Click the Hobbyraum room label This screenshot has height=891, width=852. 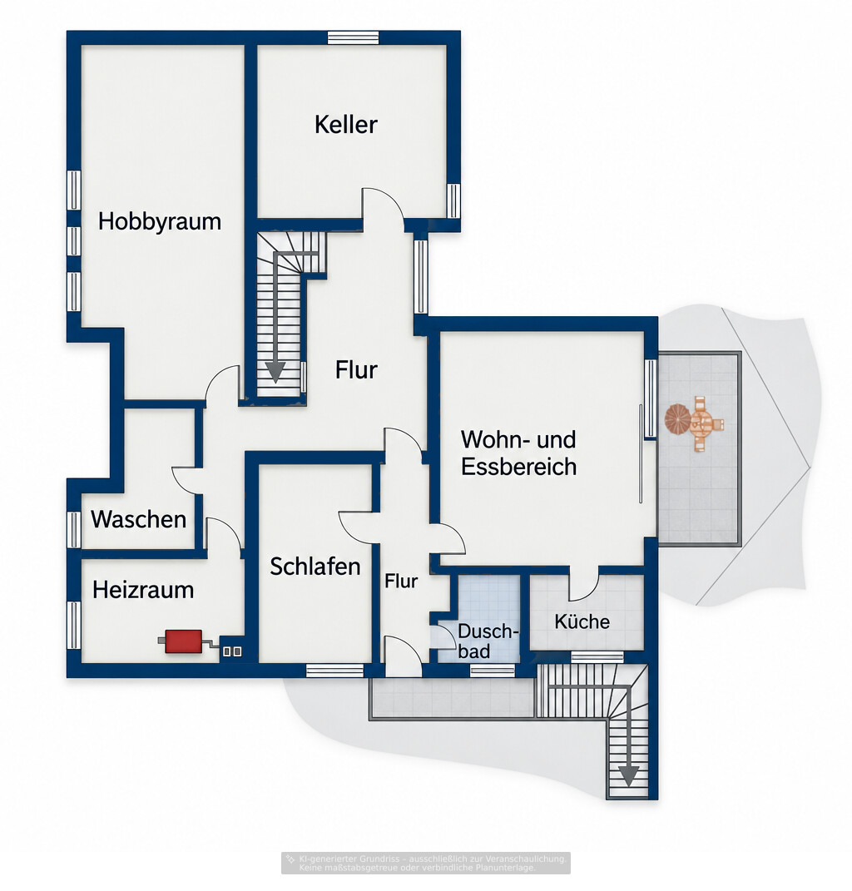pyautogui.click(x=160, y=221)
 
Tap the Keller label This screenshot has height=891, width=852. pyautogui.click(x=345, y=125)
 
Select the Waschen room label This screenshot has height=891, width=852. pyautogui.click(x=139, y=519)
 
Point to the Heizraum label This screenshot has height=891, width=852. pyautogui.click(x=143, y=590)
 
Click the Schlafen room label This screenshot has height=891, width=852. pyautogui.click(x=315, y=567)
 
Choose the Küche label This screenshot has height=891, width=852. pyautogui.click(x=582, y=621)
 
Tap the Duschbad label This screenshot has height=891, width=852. pyautogui.click(x=488, y=641)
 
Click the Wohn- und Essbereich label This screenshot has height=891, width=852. pyautogui.click(x=518, y=453)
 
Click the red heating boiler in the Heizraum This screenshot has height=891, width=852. pyautogui.click(x=183, y=641)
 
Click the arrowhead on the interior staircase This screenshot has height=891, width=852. pyautogui.click(x=275, y=371)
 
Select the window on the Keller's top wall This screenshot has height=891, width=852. pyautogui.click(x=353, y=37)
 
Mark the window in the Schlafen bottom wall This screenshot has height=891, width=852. pyautogui.click(x=334, y=671)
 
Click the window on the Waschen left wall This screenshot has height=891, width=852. pyautogui.click(x=74, y=530)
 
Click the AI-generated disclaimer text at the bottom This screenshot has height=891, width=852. pyautogui.click(x=426, y=863)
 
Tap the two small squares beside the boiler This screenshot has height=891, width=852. pyautogui.click(x=232, y=651)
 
